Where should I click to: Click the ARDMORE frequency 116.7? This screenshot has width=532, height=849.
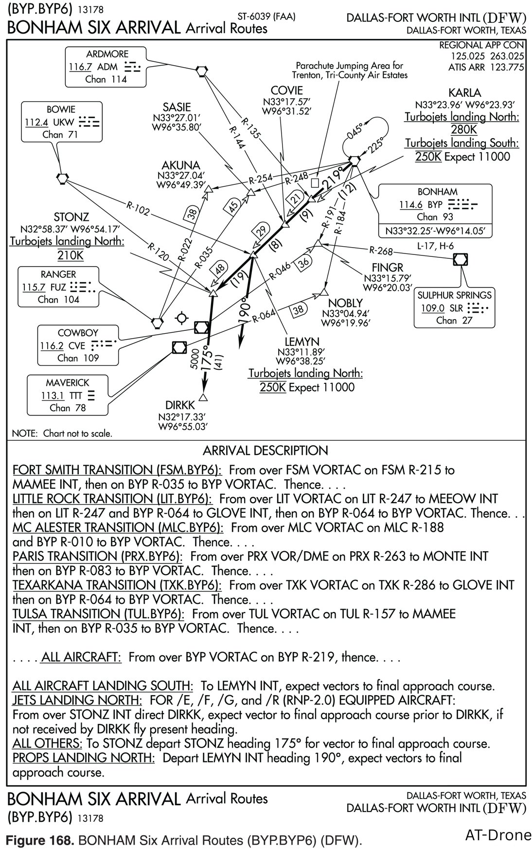point(80,67)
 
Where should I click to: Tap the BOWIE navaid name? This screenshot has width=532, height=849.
point(61,109)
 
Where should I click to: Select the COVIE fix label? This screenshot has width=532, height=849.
point(286,90)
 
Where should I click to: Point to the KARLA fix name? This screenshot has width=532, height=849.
point(465,92)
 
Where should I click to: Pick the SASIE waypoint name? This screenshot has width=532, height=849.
point(177,107)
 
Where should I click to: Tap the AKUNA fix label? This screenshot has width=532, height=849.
point(181,165)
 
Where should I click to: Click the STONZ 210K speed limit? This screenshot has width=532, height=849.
point(71,255)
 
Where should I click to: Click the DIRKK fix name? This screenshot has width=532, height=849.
point(180,405)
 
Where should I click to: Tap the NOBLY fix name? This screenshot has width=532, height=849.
point(345,303)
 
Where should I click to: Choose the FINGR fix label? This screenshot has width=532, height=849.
point(388,267)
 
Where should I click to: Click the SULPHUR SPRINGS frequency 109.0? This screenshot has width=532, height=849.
point(433,308)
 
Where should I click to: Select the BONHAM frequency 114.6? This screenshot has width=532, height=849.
point(410,205)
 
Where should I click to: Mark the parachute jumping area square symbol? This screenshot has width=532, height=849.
point(315,182)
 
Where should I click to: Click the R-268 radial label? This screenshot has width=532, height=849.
point(380,251)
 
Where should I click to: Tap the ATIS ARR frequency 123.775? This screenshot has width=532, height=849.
point(507,67)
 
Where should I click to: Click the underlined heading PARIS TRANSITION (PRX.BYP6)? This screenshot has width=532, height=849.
point(97,556)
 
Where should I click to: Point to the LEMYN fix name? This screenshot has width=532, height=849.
point(302,342)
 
